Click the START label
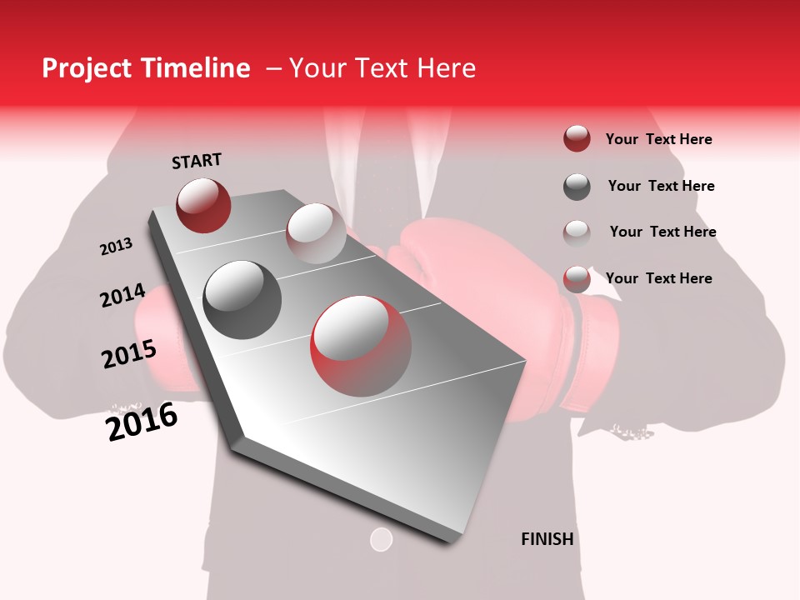197,161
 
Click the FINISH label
547,539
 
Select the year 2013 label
116,247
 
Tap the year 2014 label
122,296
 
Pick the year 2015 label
129,354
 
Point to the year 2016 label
142,422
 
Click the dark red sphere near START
203,205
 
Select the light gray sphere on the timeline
316,234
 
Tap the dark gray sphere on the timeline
242,300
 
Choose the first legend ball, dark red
577,138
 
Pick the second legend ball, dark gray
577,187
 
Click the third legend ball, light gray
577,232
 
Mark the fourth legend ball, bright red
577,279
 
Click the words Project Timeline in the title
146,68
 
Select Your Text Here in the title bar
382,68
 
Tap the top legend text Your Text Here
658,139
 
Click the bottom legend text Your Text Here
658,278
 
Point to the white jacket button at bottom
381,539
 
